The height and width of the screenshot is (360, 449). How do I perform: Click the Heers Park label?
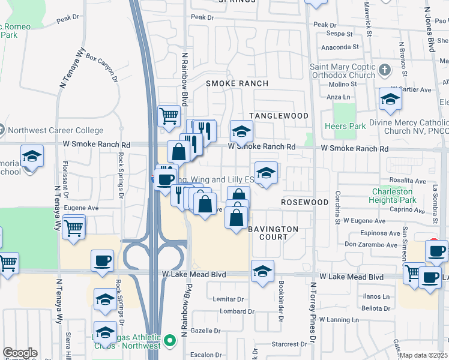coord(345,127)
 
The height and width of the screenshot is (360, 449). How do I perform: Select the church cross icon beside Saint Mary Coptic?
coord(385,71)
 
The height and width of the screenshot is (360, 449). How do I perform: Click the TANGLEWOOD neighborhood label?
coord(279,116)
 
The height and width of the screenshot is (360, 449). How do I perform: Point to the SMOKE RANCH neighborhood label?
coord(237,83)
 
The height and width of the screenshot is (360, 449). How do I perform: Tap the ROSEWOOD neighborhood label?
coord(306,202)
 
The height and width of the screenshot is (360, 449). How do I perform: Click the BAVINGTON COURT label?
coord(273,233)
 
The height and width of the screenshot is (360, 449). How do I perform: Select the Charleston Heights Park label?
coord(393,196)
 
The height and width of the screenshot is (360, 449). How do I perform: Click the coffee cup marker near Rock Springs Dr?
coord(102,261)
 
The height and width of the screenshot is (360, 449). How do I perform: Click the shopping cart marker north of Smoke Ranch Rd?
coord(169,115)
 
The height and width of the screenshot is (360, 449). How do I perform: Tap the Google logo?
coord(20,353)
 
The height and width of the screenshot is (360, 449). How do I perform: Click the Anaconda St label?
coord(340,46)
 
